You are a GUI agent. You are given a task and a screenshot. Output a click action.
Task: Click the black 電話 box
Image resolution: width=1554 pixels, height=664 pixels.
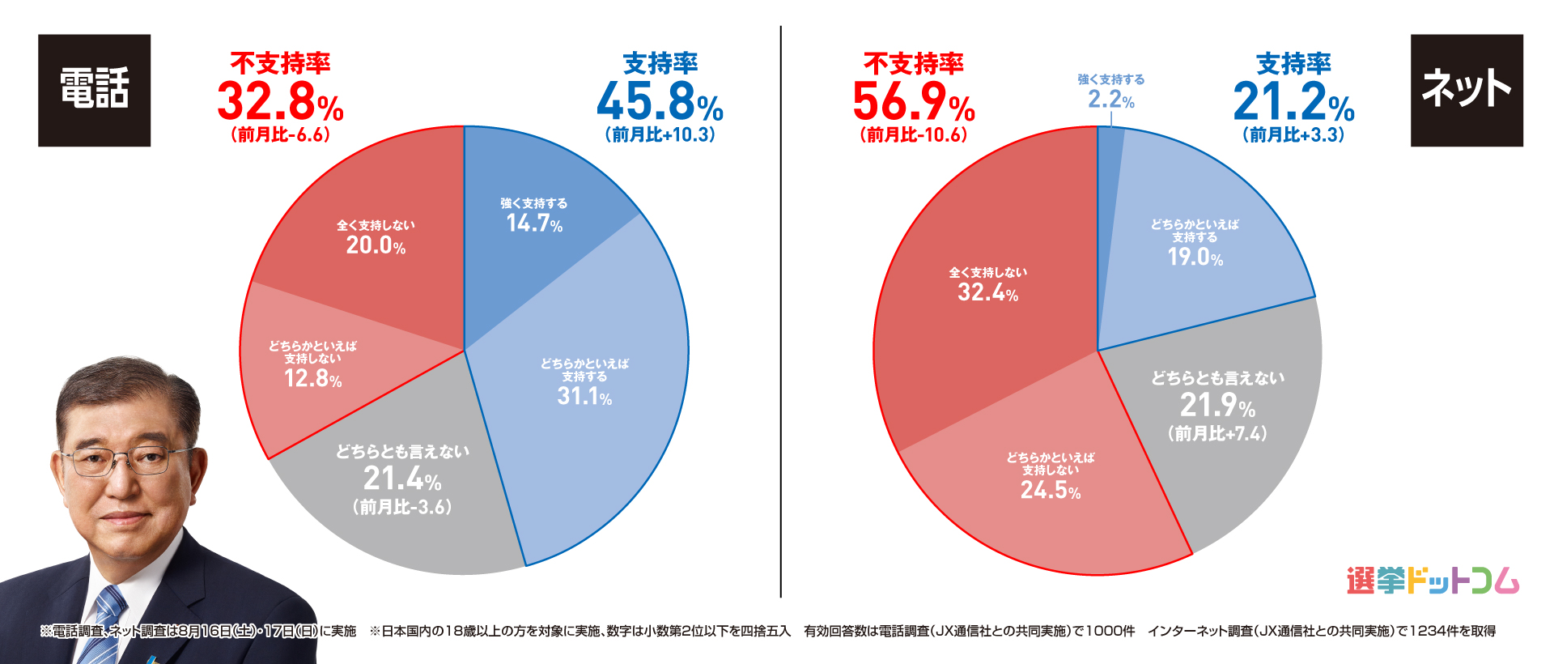point(94,90)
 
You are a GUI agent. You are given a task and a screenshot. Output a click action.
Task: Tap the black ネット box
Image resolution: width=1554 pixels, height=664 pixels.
point(1466,90)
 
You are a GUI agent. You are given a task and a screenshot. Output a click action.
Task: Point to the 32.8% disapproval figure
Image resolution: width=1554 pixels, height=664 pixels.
point(280,102)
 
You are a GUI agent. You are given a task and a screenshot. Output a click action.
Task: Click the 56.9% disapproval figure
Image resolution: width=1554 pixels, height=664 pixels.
point(913,102)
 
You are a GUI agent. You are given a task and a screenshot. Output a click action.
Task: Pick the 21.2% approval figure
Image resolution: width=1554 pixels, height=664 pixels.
point(1293,102)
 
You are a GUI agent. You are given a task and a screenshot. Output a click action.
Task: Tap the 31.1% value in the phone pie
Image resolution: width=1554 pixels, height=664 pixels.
point(584,396)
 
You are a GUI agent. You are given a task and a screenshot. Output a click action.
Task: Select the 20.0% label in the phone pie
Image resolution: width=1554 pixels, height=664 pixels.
point(376,245)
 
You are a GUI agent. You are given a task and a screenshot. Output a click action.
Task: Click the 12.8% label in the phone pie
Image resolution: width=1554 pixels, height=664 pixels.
point(312,377)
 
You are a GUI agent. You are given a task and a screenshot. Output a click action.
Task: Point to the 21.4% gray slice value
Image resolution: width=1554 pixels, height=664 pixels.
point(402,479)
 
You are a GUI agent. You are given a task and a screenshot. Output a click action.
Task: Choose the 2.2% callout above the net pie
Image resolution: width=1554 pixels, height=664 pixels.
point(1110,100)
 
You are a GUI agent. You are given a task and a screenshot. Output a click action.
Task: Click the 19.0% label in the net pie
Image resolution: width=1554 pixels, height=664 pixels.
point(1195,258)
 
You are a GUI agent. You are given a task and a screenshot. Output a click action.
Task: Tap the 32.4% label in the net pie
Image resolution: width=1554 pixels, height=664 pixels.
point(987,292)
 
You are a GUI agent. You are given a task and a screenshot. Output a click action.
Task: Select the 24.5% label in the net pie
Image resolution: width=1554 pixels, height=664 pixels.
point(1050,490)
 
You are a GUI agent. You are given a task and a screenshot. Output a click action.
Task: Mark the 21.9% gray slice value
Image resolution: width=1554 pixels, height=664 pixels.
point(1217,405)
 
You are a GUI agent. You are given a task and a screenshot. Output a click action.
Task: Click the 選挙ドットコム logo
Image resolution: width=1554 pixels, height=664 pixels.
point(1433,581)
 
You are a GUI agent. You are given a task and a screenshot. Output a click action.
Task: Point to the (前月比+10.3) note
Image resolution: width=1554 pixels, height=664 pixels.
point(660,135)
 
